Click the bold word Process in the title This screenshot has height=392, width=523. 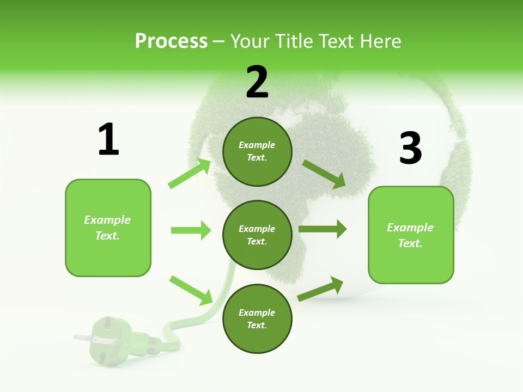point(171,41)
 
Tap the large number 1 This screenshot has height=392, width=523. point(108,140)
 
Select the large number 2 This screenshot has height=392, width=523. point(257,82)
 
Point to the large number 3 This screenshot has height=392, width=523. point(410,148)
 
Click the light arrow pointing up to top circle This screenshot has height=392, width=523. point(190,174)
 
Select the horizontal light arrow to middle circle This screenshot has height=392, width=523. point(191,230)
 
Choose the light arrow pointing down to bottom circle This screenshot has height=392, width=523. point(191,290)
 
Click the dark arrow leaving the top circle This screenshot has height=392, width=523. point(324,174)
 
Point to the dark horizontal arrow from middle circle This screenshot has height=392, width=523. point(323,229)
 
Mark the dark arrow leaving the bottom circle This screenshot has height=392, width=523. point(320,289)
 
